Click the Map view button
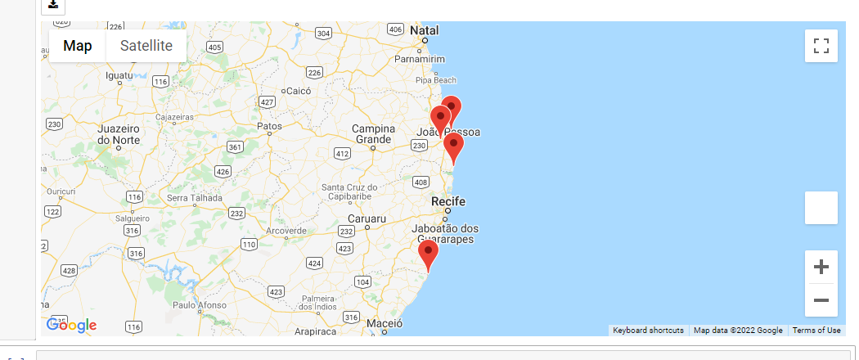[x=78, y=46]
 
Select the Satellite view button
[x=146, y=46]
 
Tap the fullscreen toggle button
[x=821, y=46]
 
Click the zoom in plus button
[x=821, y=267]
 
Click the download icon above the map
[x=53, y=5]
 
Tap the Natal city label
[x=425, y=30]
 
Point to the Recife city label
[x=448, y=201]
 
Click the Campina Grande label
[x=372, y=134]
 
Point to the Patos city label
[x=269, y=126]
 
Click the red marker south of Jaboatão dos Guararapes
[x=428, y=254]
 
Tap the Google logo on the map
[x=71, y=325]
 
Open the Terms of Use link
[x=816, y=331]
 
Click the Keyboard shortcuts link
[x=648, y=331]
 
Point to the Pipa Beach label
[x=435, y=80]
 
